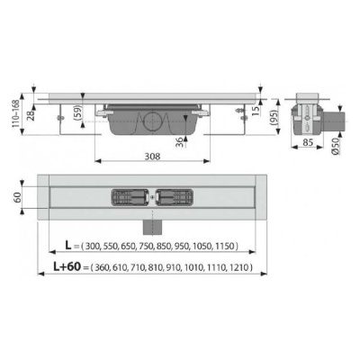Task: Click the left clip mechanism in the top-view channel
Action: (128, 196)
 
